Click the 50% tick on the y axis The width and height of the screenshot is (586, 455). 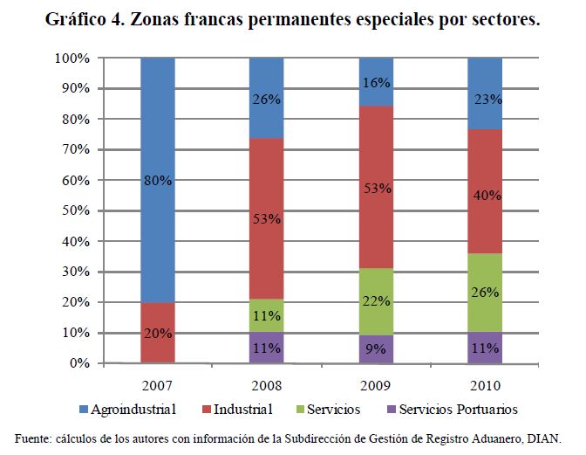click(75, 210)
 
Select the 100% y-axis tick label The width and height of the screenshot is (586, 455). click(72, 59)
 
